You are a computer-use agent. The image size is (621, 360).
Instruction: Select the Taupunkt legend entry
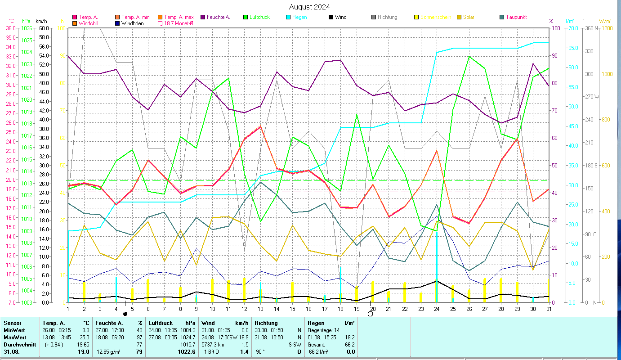pos(516,17)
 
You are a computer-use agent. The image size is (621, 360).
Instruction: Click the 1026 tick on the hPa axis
pos(27,28)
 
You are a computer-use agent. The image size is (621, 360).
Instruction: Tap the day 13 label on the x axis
pos(260,308)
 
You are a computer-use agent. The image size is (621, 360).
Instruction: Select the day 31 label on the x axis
pos(549,308)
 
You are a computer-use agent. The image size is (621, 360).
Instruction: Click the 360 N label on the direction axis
pos(590,28)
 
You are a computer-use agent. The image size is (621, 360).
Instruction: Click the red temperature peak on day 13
pos(260,126)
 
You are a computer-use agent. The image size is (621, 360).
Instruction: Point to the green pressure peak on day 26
pos(469,56)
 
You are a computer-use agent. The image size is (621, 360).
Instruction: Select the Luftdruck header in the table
pos(160,323)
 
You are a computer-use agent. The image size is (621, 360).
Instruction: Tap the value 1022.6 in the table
pos(187,352)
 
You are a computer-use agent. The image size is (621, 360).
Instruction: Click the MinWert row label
pos(14,330)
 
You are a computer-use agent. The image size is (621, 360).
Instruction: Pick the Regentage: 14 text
pos(324,330)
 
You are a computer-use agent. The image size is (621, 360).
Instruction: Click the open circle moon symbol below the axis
pos(370,314)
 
